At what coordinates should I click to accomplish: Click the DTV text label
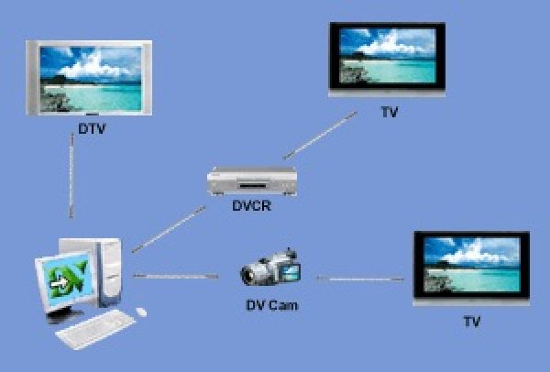point(93,129)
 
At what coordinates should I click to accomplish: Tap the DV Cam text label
point(271,304)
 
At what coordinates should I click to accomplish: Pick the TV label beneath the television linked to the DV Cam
point(471,323)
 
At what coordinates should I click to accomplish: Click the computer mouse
point(141,312)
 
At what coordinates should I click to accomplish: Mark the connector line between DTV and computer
point(71,179)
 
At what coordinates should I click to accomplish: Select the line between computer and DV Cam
point(179,275)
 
